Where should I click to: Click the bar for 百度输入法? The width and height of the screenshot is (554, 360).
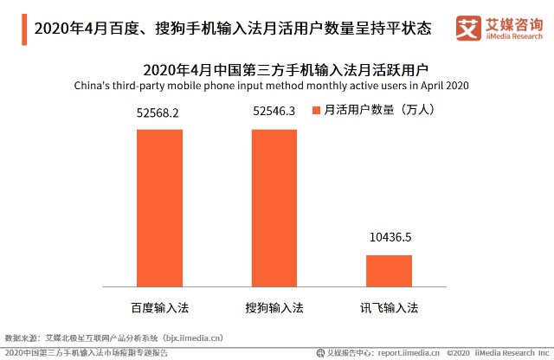tap(159, 207)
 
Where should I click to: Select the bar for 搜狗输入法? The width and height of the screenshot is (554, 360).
tap(274, 207)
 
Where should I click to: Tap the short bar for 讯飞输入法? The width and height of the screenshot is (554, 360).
tap(389, 270)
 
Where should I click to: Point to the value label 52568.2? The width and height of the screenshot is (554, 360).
tap(158, 112)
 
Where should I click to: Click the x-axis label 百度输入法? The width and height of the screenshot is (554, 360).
tap(159, 307)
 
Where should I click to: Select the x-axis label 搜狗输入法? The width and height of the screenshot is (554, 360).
tap(274, 307)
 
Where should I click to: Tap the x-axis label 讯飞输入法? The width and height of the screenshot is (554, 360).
tap(389, 307)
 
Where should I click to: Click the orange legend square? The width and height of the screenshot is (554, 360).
tap(317, 110)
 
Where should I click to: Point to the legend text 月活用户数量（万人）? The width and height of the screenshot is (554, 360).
tap(377, 110)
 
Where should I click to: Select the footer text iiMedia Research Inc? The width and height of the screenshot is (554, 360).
tap(510, 353)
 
